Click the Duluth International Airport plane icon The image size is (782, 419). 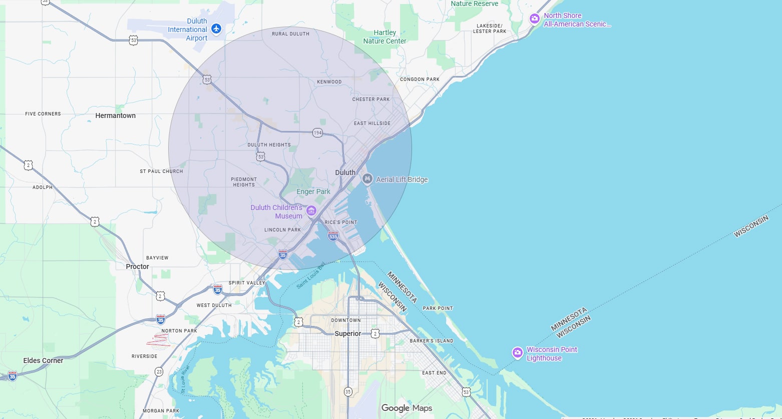pos(216,28)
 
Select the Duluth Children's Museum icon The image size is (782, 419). pos(311,210)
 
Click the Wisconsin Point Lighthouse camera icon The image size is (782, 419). pos(518,353)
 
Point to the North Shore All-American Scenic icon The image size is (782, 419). pos(535,19)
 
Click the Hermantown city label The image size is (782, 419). pos(115,115)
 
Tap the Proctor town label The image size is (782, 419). pos(138,266)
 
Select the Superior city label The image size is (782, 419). pos(347,333)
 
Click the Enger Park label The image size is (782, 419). pos(313,191)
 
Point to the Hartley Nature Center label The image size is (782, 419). pos(384,36)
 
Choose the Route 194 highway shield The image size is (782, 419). pos(317,133)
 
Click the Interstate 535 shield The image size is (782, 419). pos(333,235)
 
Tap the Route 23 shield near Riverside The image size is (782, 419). pos(159,371)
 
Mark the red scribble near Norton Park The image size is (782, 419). pos(159,340)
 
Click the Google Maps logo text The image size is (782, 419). pos(407,408)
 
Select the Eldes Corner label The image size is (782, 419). pos(43,360)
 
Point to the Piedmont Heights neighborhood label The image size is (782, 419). pos(244,182)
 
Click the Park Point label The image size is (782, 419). pos(438,308)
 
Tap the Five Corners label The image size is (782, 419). pos(43,114)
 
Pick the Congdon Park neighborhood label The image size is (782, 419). pos(420,79)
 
